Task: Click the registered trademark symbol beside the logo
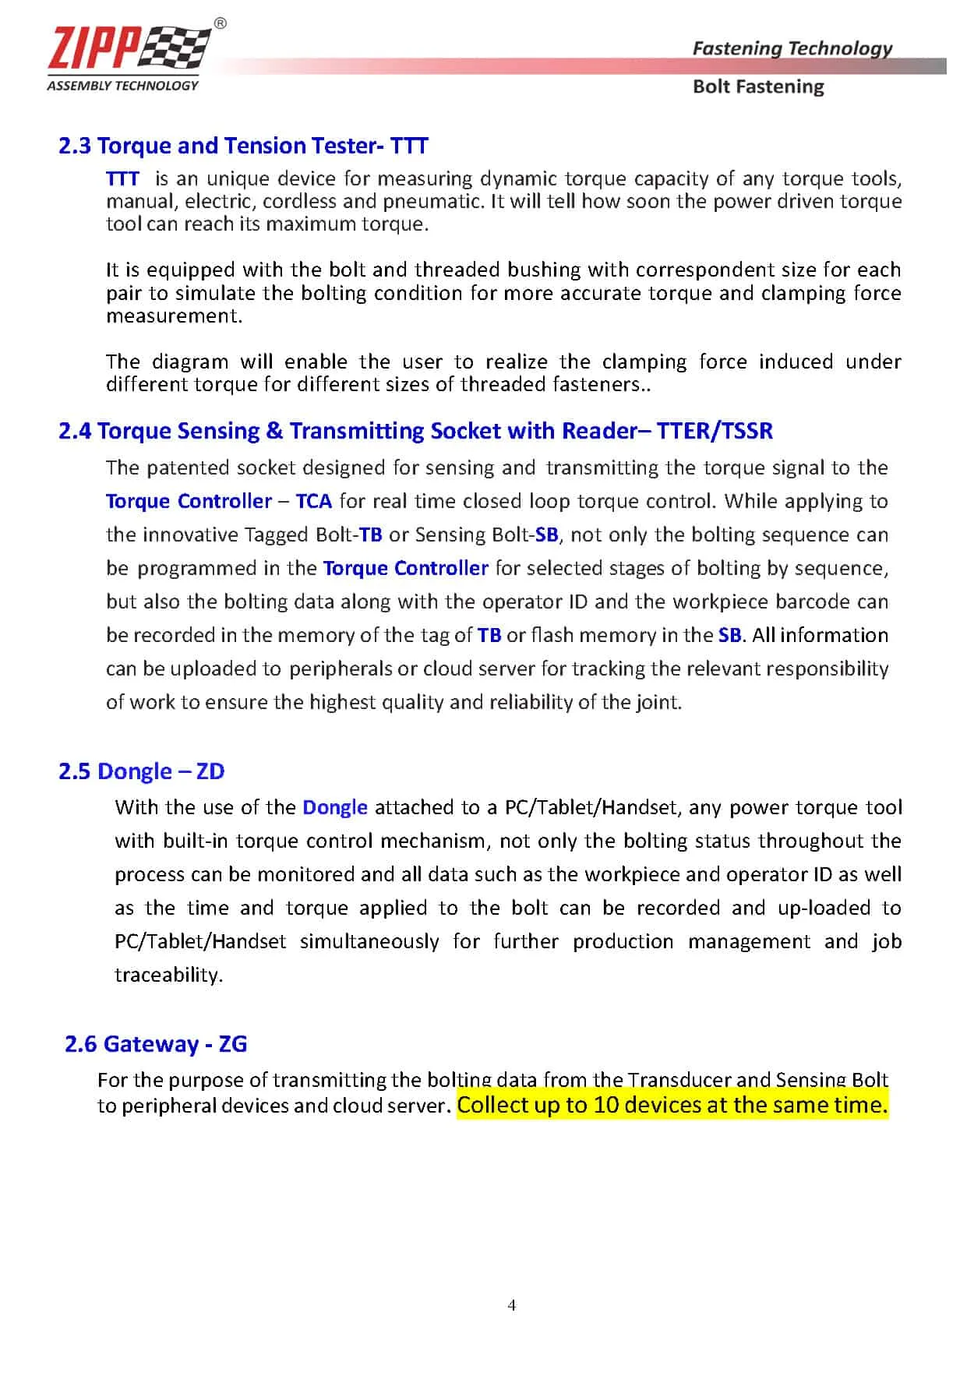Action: pos(221,24)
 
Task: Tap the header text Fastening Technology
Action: pos(792,48)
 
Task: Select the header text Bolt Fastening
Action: pos(757,86)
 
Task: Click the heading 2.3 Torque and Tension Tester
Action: pos(243,146)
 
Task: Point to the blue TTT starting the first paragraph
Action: pos(122,179)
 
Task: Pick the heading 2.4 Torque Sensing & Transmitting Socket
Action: pos(415,431)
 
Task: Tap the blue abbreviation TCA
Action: pos(314,501)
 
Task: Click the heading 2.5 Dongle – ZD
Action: pos(141,771)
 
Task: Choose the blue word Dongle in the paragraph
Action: pos(334,807)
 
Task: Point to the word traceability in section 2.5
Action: pos(168,976)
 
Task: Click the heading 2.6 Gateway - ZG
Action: pos(156,1044)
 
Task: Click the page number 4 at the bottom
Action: pos(511,1305)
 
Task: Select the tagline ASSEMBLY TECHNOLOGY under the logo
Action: pos(122,86)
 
